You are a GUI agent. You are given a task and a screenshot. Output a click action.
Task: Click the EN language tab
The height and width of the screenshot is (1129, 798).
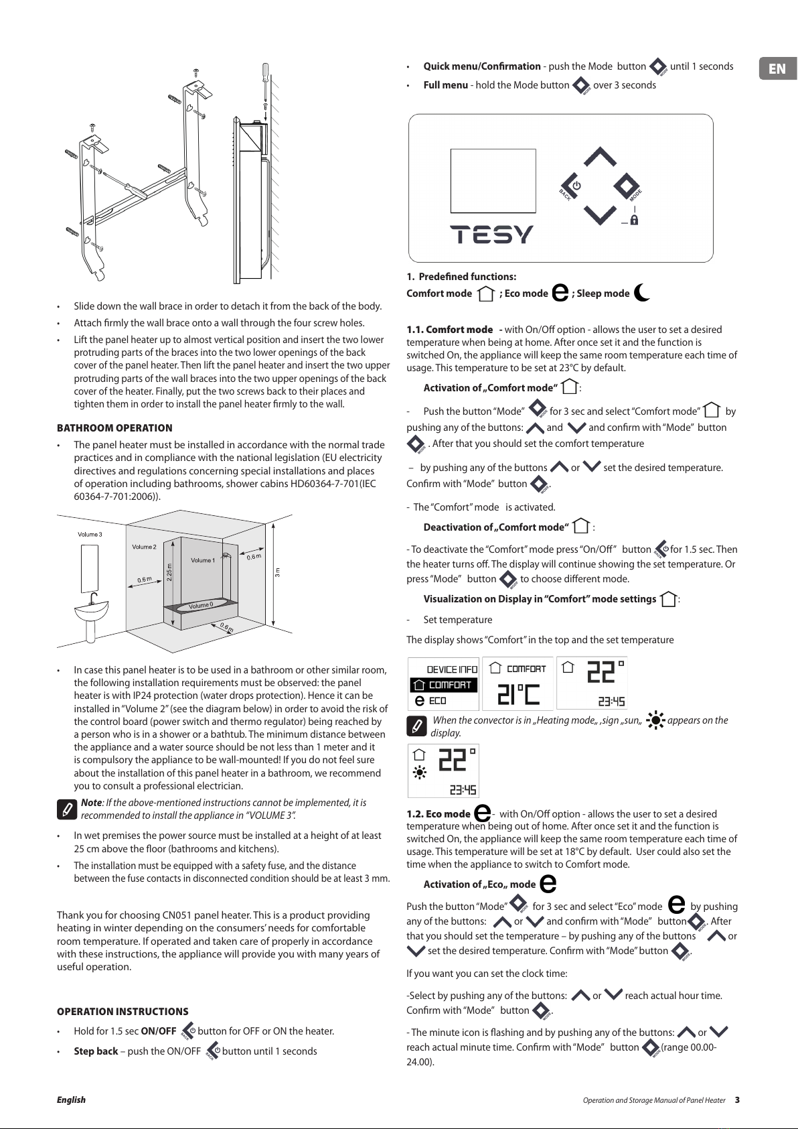778,68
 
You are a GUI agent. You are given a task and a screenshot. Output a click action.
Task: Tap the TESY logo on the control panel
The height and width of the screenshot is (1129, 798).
491,235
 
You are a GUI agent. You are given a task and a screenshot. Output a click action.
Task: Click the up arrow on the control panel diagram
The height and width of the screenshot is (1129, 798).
600,157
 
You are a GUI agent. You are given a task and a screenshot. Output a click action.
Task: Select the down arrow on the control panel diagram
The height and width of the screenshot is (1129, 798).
600,215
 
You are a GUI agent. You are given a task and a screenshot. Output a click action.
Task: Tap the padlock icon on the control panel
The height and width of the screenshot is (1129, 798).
635,220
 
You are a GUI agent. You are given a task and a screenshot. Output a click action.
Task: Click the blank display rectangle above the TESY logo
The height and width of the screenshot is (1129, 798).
493,181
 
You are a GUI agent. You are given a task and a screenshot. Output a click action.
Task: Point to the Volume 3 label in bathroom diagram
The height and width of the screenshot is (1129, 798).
90,534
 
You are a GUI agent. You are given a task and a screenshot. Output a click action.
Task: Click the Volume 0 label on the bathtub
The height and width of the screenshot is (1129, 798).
201,605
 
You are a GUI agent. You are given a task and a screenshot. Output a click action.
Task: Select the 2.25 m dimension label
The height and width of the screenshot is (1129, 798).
169,572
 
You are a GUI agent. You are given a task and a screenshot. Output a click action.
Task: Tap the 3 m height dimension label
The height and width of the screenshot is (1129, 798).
277,573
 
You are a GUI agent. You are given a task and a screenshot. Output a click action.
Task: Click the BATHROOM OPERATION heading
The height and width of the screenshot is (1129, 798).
114,428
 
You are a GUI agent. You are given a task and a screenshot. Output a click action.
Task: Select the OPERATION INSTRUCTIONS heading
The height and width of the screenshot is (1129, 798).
123,1012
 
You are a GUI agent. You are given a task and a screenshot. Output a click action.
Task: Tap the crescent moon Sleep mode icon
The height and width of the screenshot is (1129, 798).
641,292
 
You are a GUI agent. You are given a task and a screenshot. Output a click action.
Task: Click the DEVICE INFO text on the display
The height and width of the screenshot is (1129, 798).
452,669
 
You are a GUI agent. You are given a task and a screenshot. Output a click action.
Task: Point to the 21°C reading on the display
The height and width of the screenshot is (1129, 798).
518,694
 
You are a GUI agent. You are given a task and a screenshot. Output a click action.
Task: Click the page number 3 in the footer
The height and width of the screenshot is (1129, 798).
737,1100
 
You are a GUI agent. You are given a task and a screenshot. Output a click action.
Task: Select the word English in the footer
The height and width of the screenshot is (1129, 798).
71,1100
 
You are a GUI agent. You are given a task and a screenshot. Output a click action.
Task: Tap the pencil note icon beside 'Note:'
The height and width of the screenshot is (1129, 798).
67,809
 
